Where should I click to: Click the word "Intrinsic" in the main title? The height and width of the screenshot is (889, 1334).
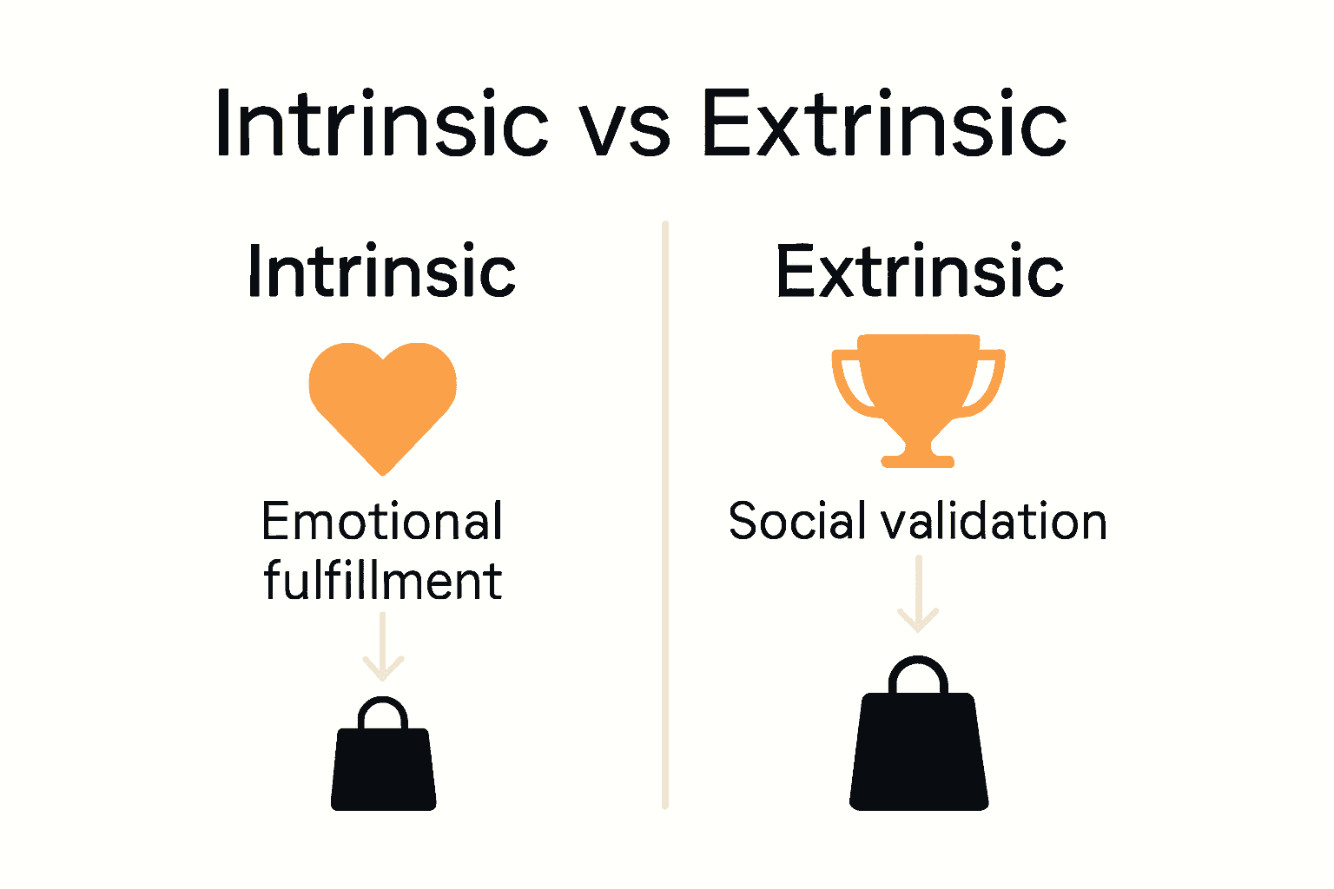(382, 123)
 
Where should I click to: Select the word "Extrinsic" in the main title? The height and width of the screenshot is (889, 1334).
(884, 123)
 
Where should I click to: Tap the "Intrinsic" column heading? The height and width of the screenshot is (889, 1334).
(382, 271)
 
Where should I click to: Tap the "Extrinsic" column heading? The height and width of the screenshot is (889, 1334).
(920, 271)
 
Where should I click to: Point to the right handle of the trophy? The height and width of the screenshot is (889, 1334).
(991, 382)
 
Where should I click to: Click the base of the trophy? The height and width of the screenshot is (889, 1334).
(918, 458)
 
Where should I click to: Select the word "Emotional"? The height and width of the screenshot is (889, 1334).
(382, 522)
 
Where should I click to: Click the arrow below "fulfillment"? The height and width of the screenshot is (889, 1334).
(382, 647)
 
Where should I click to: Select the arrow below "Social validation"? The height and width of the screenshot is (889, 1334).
(918, 595)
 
